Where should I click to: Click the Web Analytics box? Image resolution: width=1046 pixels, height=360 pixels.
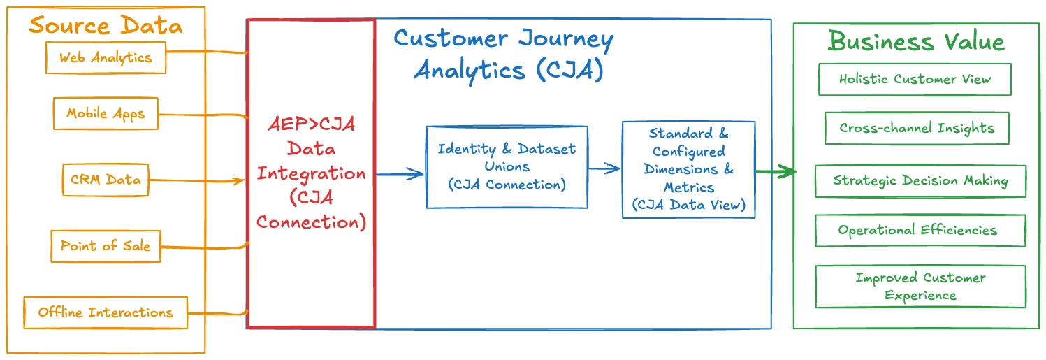(106, 57)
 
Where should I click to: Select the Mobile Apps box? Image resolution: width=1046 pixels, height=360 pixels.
(106, 113)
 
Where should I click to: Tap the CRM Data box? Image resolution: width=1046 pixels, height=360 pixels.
(105, 180)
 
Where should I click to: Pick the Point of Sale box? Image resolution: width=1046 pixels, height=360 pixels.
(106, 245)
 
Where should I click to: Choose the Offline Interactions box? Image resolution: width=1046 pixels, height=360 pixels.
(106, 312)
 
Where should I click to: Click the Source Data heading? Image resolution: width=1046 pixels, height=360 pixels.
(106, 27)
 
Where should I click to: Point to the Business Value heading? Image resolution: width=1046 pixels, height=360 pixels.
(915, 41)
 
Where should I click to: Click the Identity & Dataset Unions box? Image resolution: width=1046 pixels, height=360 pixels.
(507, 167)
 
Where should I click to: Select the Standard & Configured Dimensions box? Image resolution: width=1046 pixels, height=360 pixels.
(688, 169)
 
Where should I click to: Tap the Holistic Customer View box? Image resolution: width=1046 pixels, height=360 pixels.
(915, 79)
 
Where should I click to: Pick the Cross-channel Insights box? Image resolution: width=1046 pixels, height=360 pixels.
(917, 129)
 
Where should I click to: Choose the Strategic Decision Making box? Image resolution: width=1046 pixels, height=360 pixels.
(920, 181)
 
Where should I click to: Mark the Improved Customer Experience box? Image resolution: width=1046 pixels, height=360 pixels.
(920, 287)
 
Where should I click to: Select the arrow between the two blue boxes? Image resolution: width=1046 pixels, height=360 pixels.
(604, 168)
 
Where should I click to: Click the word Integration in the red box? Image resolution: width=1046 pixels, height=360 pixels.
(311, 173)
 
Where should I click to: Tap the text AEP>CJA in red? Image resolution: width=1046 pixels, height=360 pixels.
(312, 124)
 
